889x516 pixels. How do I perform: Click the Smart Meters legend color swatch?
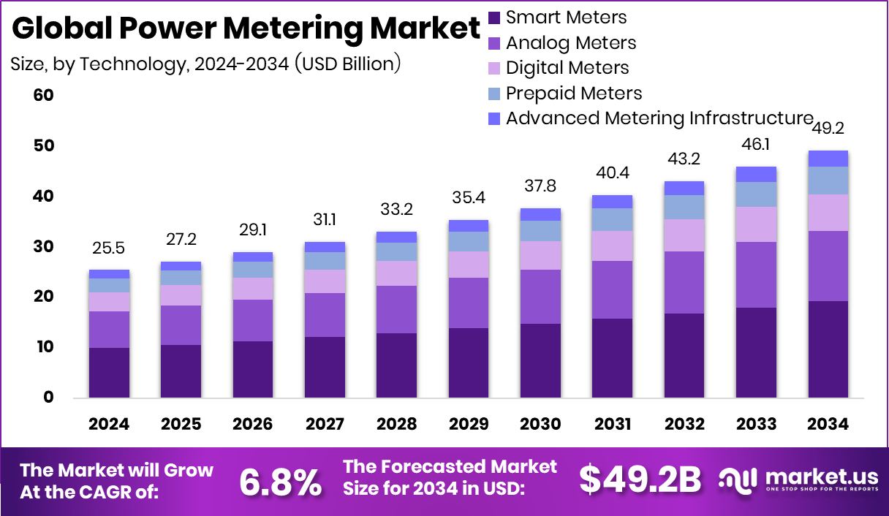(x=495, y=18)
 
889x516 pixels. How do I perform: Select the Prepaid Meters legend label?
(x=574, y=93)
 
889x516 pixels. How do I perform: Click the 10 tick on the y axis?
(x=44, y=347)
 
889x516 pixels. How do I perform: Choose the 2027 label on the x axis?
(x=325, y=425)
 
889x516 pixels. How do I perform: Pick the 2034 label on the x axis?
(x=828, y=425)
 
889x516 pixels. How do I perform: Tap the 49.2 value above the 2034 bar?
(x=828, y=129)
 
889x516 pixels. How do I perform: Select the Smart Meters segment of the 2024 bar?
(x=109, y=373)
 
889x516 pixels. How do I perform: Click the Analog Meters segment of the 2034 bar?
(x=828, y=266)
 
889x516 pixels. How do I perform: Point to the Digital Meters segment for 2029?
(x=469, y=265)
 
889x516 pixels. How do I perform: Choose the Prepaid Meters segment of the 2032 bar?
(x=684, y=207)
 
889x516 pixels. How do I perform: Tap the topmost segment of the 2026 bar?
(x=253, y=257)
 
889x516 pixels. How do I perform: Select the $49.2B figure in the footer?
(x=640, y=479)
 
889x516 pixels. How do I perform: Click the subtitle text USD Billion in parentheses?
(x=347, y=64)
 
